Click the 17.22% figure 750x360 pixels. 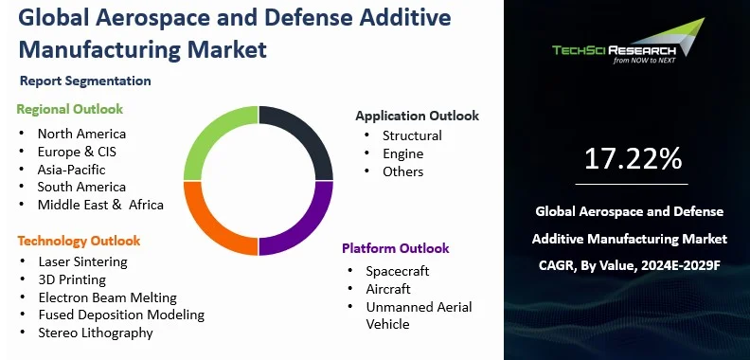tap(634, 159)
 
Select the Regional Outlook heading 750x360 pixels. tap(69, 109)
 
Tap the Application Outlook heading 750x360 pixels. tap(417, 116)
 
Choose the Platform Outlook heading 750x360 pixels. tap(395, 248)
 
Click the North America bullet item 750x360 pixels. tap(81, 134)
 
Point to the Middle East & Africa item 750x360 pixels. tap(100, 205)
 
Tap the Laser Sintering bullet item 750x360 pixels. tap(82, 261)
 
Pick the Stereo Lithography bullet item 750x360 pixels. tap(95, 333)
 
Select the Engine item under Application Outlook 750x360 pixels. tap(402, 153)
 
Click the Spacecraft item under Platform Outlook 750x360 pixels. tap(398, 271)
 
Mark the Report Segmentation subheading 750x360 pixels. tap(85, 81)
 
